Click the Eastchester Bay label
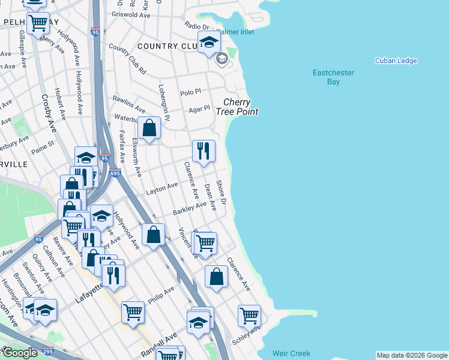pos(333,77)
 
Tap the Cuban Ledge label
pos(396,61)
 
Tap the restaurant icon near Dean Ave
pos(203,151)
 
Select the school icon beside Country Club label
pos(209,42)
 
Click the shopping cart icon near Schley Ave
pos(249,315)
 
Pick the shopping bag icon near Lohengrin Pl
pos(149,128)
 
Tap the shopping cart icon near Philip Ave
pos(133,311)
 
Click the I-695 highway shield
pos(116,173)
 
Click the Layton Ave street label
pos(162,189)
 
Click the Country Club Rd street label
pos(127,59)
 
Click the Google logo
pos(19,353)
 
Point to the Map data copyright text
pos(411,355)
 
